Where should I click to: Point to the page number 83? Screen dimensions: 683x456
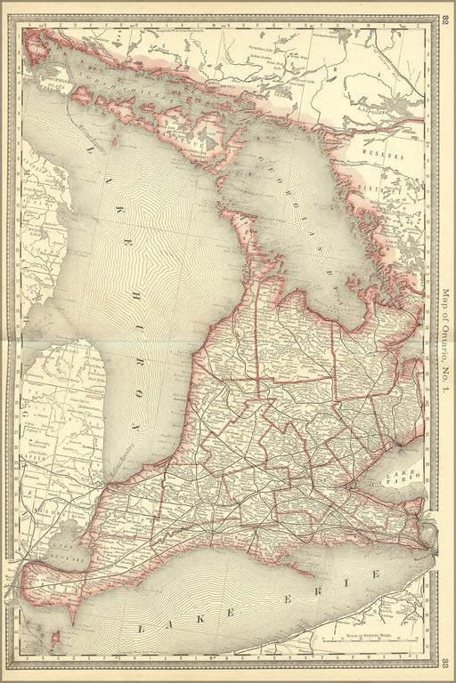445,663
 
